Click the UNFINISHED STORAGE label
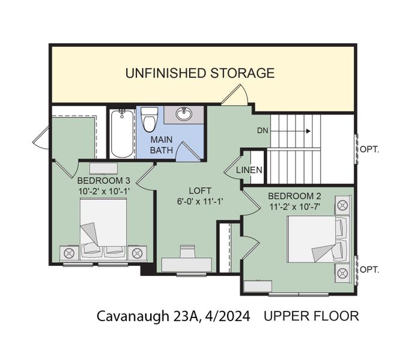point(199,73)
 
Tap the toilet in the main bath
point(150,119)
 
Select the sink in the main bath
point(183,114)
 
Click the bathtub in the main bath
point(122,131)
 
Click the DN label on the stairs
point(262,130)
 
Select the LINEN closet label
point(249,170)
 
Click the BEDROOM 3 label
point(103,180)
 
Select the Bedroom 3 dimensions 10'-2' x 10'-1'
point(103,190)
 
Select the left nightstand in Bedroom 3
point(69,252)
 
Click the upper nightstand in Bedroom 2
point(343,205)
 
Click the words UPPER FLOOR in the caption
point(311,316)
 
